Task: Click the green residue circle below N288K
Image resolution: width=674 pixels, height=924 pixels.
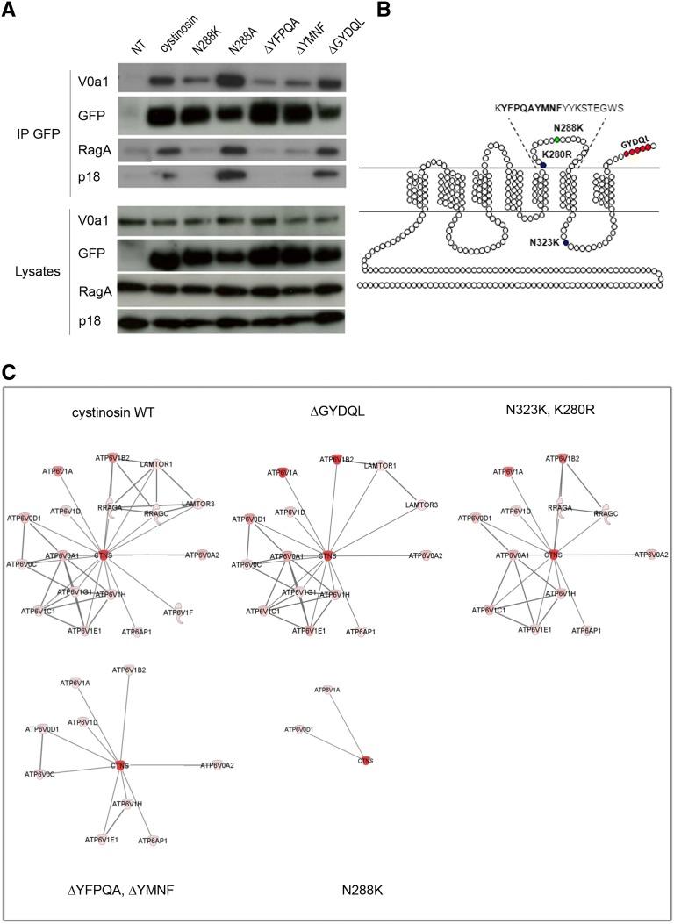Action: coord(556,139)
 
